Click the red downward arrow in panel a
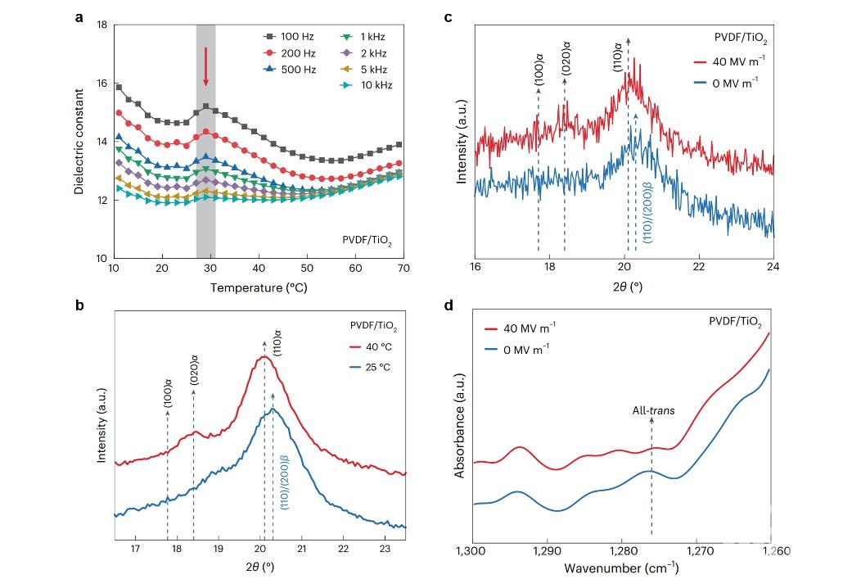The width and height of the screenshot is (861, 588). [205, 67]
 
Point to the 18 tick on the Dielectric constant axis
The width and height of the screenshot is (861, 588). [101, 25]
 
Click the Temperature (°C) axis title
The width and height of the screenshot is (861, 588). [257, 287]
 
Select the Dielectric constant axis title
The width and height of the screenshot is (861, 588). [79, 141]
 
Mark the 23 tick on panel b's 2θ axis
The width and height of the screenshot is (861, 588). [385, 550]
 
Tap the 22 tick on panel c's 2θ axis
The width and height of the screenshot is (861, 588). [699, 268]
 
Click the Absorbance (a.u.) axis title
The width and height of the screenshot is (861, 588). [461, 426]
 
